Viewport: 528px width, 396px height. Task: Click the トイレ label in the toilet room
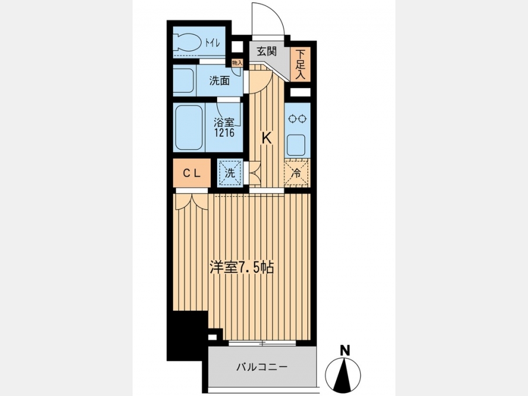(x=212, y=43)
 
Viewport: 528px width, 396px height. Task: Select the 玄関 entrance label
(x=267, y=51)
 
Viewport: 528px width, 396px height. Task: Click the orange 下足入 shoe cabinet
(x=300, y=65)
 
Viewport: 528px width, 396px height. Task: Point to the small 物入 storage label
(x=237, y=63)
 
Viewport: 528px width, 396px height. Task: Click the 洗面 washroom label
(x=219, y=81)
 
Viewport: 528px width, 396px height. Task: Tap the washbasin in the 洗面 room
(x=184, y=80)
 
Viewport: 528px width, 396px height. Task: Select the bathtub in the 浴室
(x=189, y=128)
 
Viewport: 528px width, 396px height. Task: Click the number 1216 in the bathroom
(x=225, y=133)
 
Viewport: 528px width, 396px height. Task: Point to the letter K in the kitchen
(x=267, y=138)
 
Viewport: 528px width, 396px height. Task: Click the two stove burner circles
(x=297, y=119)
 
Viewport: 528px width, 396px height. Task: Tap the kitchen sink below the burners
(x=296, y=144)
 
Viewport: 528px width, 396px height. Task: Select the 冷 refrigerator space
(x=296, y=172)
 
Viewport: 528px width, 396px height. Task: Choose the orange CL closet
(x=192, y=173)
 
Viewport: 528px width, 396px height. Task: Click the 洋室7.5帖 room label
(x=242, y=268)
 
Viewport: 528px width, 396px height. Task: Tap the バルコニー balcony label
(x=262, y=367)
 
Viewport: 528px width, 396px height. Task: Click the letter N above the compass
(x=344, y=351)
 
